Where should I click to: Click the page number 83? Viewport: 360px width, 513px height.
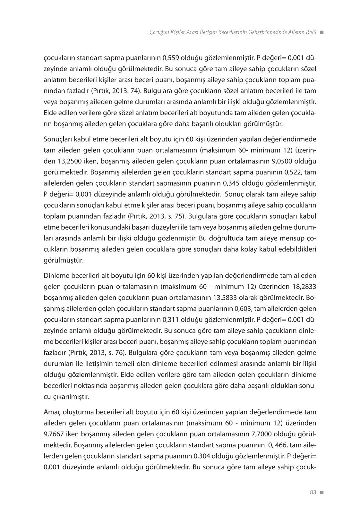pos(313,492)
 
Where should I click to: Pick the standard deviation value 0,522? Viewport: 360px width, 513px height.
pos(293,172)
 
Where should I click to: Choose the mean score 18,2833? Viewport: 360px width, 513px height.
pos(305,286)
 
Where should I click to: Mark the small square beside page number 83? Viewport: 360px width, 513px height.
pos(322,492)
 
